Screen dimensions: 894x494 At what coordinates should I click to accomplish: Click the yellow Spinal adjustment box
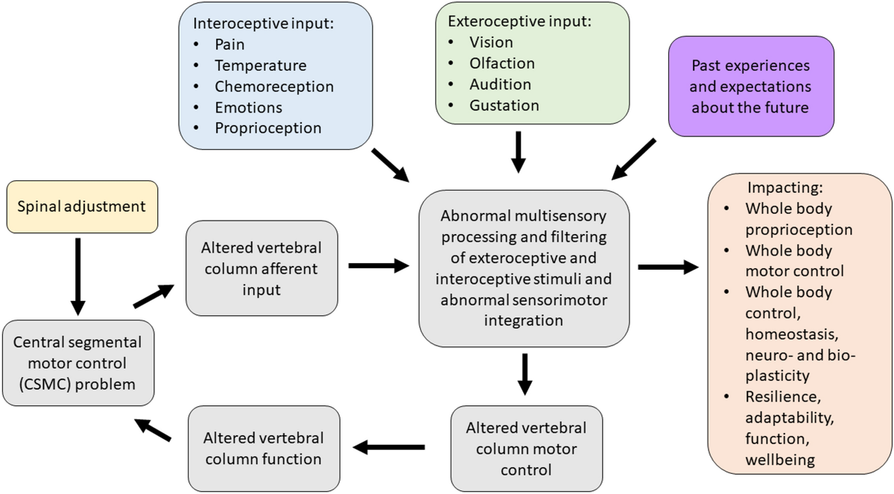[x=82, y=206]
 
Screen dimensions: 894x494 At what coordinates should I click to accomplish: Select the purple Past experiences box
[x=751, y=86]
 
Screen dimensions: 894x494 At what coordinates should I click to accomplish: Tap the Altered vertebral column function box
[x=264, y=449]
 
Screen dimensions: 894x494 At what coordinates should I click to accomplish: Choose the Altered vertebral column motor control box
[x=527, y=449]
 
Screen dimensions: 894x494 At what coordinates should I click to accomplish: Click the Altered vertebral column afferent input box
[x=261, y=268]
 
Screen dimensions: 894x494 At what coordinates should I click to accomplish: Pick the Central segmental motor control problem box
[x=78, y=363]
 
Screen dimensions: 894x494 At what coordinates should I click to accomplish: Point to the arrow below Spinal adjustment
[x=77, y=276]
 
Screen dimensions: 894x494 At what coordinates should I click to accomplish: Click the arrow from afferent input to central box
[x=378, y=266]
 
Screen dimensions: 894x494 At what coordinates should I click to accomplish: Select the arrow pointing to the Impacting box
[x=668, y=267]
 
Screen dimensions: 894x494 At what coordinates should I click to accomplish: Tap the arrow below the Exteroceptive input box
[x=518, y=152]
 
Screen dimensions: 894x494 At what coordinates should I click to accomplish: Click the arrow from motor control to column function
[x=389, y=447]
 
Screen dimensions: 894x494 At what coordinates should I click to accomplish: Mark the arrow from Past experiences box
[x=633, y=159]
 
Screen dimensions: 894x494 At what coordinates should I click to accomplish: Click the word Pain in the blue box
[x=229, y=44]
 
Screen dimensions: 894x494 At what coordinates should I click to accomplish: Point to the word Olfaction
[x=502, y=63]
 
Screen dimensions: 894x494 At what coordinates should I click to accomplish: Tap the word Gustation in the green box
[x=504, y=106]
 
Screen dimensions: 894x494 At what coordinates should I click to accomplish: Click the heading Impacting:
[x=785, y=188]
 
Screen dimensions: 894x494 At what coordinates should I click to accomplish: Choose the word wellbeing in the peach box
[x=780, y=460]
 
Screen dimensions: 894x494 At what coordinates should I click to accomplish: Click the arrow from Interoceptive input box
[x=390, y=165]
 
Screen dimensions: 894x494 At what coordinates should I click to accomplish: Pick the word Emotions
[x=248, y=108]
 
